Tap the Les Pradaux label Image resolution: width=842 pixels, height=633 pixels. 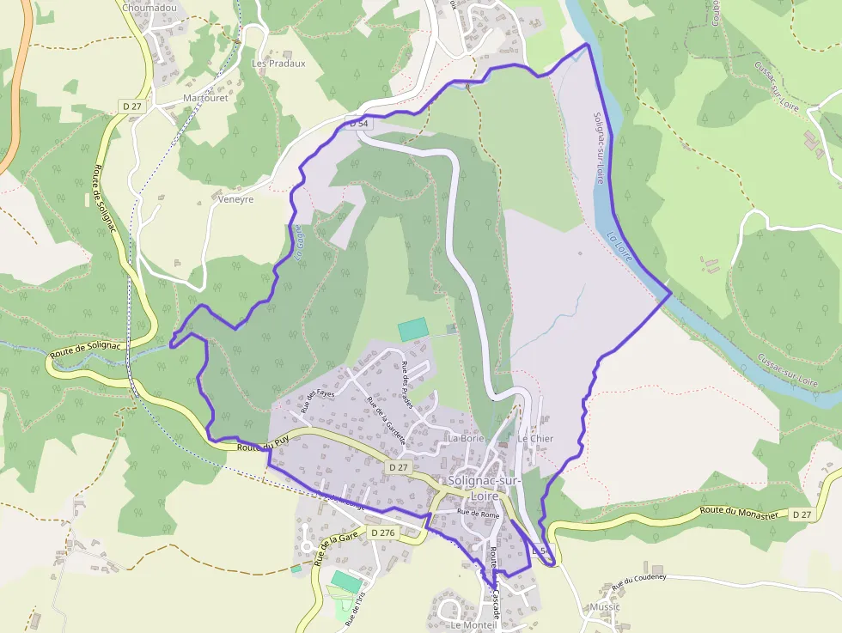(x=278, y=64)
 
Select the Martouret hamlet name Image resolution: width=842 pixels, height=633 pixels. (x=205, y=98)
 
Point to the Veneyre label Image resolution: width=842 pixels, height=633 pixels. (x=235, y=199)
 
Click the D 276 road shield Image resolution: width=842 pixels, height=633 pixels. (x=383, y=533)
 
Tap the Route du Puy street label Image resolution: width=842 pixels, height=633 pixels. (x=261, y=447)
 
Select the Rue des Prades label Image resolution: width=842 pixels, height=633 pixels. (x=407, y=385)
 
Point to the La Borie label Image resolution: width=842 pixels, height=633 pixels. (x=467, y=438)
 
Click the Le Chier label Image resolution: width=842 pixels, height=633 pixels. (x=535, y=438)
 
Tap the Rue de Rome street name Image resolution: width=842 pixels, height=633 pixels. (x=479, y=513)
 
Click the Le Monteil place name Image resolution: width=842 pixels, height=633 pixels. (x=473, y=625)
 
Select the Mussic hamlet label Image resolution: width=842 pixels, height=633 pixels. (x=605, y=607)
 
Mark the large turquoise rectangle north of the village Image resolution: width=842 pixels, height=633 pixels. (x=412, y=329)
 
